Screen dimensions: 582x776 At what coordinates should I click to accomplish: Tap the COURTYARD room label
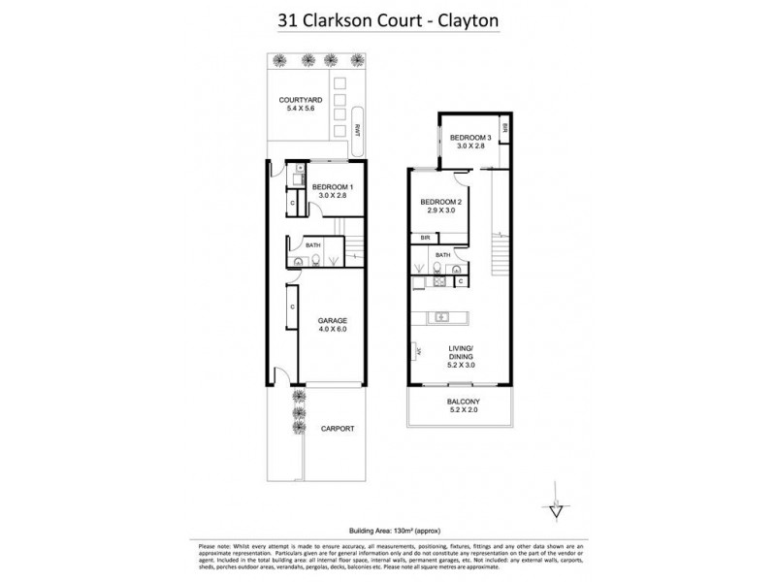click(301, 100)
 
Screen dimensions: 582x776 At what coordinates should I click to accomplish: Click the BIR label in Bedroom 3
click(504, 128)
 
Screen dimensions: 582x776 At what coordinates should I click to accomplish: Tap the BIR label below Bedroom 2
click(425, 238)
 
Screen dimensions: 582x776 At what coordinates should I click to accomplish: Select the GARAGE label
click(333, 320)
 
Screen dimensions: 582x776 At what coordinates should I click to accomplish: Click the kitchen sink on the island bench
click(440, 316)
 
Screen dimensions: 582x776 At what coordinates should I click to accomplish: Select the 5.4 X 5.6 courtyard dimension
click(301, 109)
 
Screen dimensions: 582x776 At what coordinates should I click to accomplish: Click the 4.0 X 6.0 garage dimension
click(333, 329)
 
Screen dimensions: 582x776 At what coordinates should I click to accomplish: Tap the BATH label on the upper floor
click(441, 254)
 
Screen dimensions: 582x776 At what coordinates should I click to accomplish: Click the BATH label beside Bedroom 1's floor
click(312, 245)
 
